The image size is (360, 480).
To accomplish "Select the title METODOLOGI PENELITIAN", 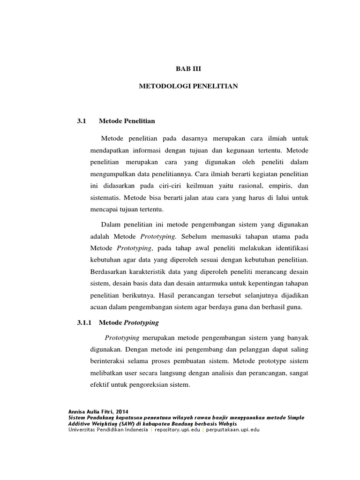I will (189, 86).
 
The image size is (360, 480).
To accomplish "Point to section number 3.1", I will (82, 121).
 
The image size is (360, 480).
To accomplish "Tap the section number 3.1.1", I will (86, 322).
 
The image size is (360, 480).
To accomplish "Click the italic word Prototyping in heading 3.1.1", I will (141, 322).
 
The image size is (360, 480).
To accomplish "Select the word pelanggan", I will (247, 350).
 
